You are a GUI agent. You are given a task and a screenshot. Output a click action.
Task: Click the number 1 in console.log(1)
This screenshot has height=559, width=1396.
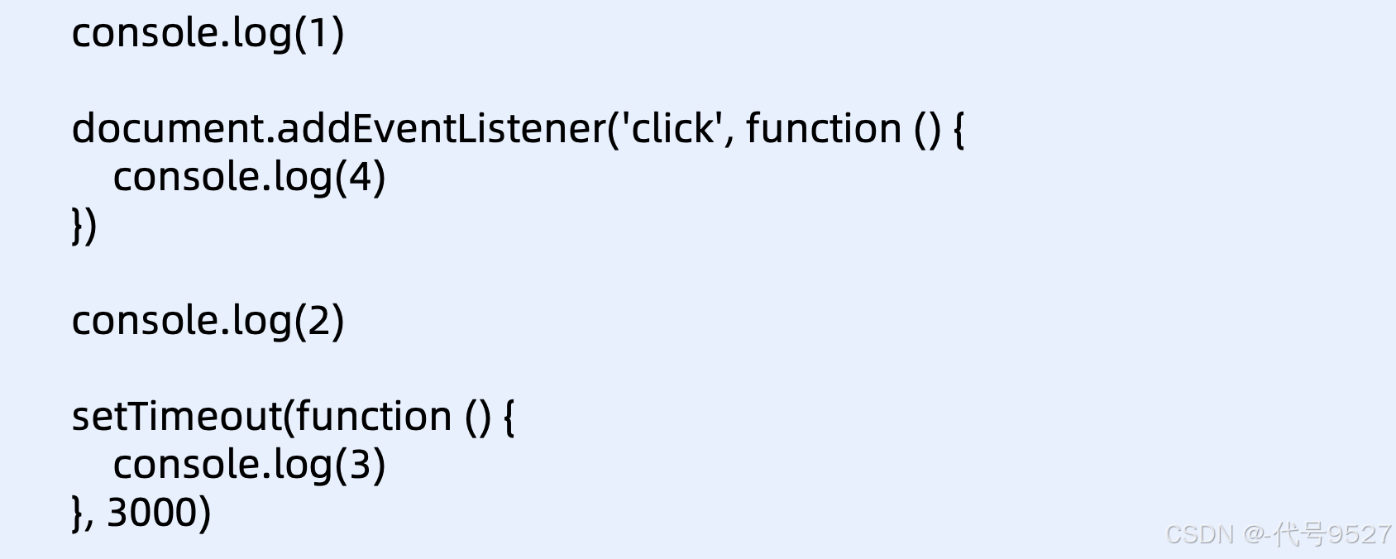coord(318,33)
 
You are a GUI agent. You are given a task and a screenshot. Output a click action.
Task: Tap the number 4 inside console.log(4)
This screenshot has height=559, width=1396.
coord(360,177)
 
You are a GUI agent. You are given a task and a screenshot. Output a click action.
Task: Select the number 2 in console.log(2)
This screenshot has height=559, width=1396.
coord(318,321)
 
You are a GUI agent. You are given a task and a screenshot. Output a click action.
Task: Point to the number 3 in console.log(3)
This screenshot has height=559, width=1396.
coord(360,465)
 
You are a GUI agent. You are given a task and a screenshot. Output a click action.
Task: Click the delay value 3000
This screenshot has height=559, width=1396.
coord(152,512)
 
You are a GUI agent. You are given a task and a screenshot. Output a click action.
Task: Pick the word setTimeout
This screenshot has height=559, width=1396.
coord(177,416)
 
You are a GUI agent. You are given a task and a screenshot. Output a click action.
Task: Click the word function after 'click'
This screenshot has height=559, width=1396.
coord(823,129)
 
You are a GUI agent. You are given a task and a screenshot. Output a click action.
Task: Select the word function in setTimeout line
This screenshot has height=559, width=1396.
coord(373,416)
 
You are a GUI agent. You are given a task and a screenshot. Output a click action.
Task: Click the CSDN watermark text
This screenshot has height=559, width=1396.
coord(1199,534)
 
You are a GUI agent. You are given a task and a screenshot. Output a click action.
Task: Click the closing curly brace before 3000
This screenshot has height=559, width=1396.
coord(78,513)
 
